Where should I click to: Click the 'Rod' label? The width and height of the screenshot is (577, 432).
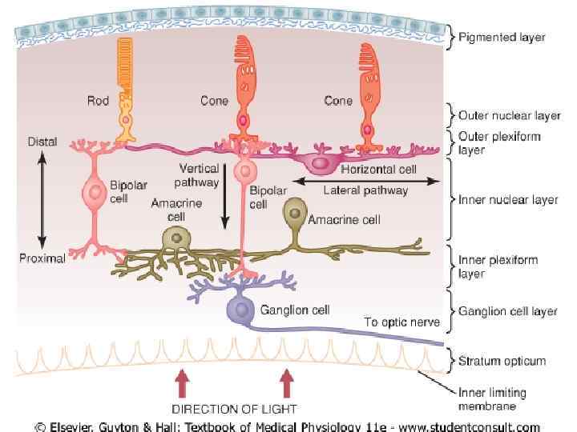[97, 101]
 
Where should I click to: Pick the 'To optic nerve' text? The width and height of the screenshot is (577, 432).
[401, 322]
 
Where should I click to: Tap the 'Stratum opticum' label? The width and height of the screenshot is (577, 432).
[502, 361]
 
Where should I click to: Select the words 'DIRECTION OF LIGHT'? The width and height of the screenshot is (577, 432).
[234, 409]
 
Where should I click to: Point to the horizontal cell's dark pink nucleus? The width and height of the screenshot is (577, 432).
[321, 164]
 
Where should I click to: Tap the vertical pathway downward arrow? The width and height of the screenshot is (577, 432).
[227, 203]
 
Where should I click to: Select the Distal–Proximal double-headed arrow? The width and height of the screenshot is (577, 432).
[42, 200]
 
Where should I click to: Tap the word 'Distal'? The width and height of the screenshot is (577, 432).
[42, 142]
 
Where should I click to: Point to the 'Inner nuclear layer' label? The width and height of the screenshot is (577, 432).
[506, 200]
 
